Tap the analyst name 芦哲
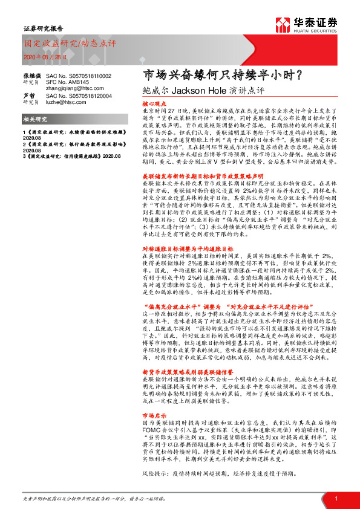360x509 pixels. pos(28,96)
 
